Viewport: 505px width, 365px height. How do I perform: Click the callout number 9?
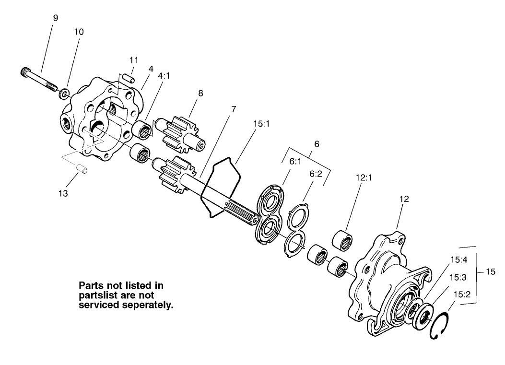coord(56,18)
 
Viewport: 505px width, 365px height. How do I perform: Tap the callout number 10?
coord(79,32)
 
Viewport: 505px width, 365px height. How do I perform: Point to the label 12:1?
coord(364,177)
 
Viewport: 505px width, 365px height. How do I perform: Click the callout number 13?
coord(63,193)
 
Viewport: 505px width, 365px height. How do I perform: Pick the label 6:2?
coord(316,175)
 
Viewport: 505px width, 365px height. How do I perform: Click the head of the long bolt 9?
coord(27,72)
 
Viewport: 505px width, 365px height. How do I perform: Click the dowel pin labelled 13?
coord(82,168)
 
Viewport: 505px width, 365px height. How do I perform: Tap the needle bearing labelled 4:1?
coord(142,130)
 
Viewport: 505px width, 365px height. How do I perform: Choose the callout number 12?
coord(404,199)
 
